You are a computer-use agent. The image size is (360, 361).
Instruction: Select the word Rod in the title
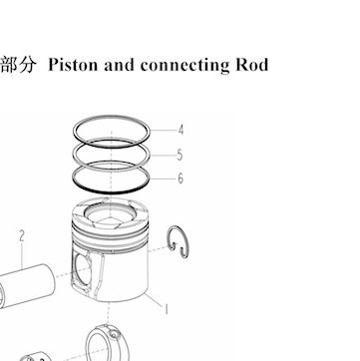tap(252, 65)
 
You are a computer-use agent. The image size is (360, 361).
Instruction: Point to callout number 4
tap(180, 130)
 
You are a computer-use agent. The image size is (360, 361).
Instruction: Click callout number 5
tap(180, 155)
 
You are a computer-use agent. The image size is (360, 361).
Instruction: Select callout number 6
tap(180, 179)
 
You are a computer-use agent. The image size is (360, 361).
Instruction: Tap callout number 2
tap(22, 236)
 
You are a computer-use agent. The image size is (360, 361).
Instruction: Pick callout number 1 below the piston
tap(166, 309)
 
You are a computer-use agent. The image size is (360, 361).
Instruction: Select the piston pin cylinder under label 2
tap(27, 286)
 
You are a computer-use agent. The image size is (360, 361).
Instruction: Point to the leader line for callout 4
tap(163, 130)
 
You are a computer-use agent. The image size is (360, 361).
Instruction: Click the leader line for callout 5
tap(163, 156)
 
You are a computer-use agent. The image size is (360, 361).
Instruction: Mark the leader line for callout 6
tap(163, 179)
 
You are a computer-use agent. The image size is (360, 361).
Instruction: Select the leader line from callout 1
tap(153, 300)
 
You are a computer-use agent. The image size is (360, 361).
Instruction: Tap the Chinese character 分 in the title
tap(26, 65)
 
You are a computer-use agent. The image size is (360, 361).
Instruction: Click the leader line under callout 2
tap(22, 256)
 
